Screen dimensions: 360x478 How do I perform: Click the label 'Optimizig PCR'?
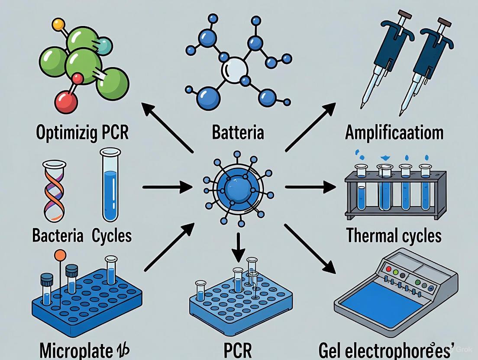click(82, 132)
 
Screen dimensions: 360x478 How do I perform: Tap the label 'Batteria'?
click(238, 132)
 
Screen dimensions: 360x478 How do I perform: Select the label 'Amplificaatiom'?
click(394, 132)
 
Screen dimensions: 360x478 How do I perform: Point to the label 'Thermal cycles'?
click(394, 236)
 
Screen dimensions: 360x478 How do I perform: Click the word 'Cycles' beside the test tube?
click(112, 236)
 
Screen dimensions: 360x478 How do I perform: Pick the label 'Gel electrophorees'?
click(395, 348)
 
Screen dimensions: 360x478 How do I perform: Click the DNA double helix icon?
click(55, 190)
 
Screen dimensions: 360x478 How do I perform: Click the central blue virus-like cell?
click(238, 187)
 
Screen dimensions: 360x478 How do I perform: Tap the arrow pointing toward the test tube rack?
click(310, 187)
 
